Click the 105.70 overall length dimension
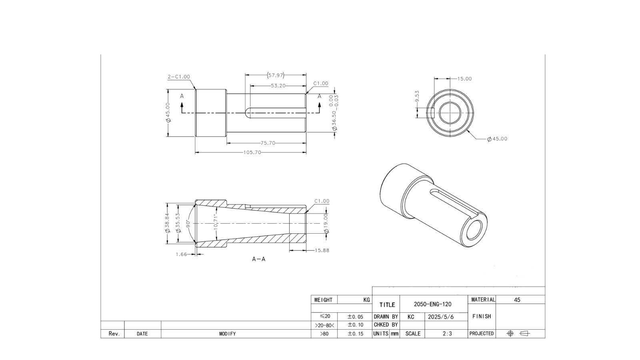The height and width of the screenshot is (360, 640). point(252,152)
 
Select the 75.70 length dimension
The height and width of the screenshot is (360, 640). point(268,143)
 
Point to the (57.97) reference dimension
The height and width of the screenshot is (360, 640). point(275,75)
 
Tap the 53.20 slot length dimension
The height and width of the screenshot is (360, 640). point(278,85)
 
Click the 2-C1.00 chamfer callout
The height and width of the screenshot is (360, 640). point(179,77)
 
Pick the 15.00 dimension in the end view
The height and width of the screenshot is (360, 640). point(464,79)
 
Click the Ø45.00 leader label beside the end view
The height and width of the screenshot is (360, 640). point(497,139)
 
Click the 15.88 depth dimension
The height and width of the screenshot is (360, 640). point(322,250)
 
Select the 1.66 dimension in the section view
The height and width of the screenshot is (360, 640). point(181,254)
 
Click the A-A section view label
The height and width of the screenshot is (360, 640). point(259,259)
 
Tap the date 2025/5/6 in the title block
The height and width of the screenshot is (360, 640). point(441,317)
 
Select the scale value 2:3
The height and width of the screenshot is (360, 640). point(447,334)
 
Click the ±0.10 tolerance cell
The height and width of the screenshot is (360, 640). point(355,325)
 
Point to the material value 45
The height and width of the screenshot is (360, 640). point(517,300)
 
